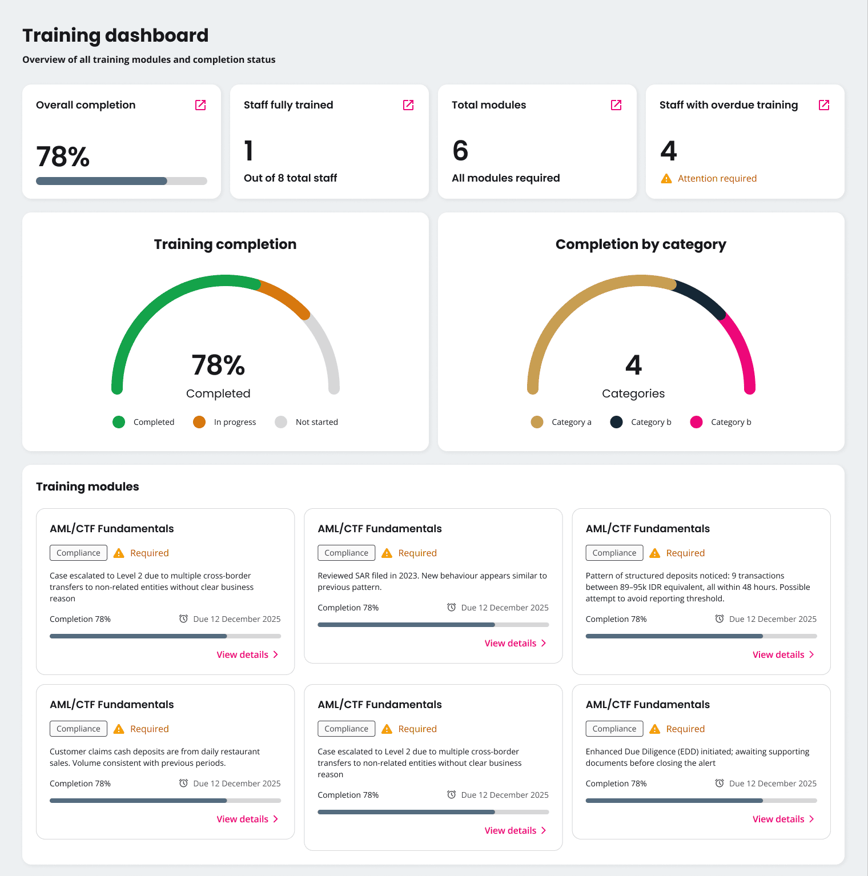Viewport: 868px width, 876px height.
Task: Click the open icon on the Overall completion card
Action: (200, 105)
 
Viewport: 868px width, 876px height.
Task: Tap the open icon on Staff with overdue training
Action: (824, 105)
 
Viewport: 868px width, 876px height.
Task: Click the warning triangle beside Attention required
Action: (666, 179)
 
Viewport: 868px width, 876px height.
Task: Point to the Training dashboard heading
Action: (115, 35)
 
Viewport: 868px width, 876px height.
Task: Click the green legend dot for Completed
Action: (119, 422)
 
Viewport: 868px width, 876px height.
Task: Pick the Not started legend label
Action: (316, 422)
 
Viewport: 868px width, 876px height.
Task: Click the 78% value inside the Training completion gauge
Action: (218, 365)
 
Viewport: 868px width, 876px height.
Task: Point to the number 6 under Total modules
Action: (460, 151)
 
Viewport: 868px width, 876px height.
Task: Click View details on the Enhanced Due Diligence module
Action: (783, 819)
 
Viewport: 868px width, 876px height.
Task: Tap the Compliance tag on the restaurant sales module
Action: (78, 729)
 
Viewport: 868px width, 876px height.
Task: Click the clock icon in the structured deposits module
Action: (720, 619)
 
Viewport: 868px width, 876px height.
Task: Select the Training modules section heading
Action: (87, 487)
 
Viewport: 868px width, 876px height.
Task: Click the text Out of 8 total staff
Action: (290, 178)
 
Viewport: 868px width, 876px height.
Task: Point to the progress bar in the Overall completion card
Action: (121, 181)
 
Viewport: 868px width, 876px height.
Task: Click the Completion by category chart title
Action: (641, 244)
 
